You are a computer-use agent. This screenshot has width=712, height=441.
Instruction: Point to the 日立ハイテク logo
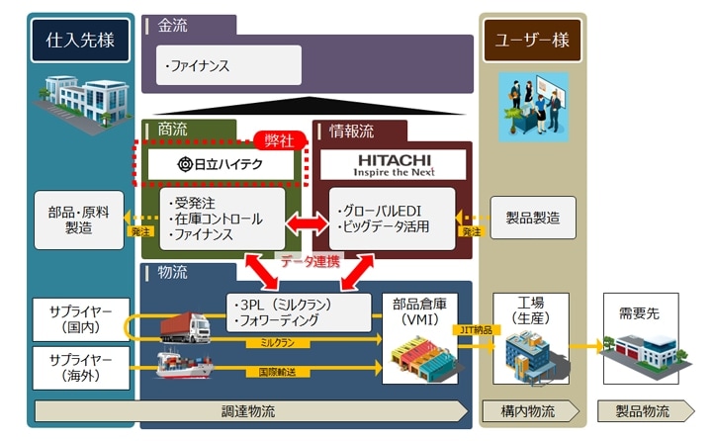[222, 164]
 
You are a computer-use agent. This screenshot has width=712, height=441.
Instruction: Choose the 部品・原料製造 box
[79, 220]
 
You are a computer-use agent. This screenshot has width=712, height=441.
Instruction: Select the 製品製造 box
[532, 218]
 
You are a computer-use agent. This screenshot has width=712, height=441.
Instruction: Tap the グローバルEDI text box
[392, 220]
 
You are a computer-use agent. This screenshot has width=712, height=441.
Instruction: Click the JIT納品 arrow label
[475, 329]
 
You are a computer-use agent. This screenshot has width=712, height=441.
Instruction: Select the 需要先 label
[637, 311]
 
